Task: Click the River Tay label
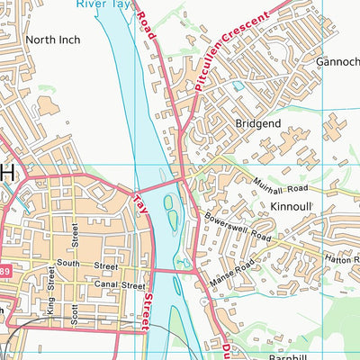[101, 4]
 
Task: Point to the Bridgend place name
[258, 121]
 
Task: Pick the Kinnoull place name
[290, 206]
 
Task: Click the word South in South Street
[69, 264]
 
